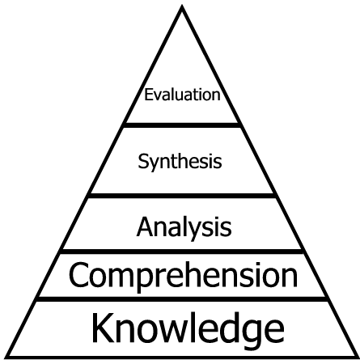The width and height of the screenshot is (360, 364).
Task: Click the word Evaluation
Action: [182, 95]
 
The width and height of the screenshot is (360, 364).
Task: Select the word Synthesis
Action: [180, 161]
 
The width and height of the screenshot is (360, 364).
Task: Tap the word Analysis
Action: [184, 227]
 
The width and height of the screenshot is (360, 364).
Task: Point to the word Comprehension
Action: [183, 276]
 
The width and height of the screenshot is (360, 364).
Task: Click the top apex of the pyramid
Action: [182, 6]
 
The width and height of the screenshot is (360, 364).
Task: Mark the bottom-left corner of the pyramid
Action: [5, 358]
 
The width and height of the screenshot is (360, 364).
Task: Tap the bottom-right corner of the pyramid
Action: [358, 358]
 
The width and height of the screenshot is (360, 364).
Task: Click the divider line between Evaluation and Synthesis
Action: [182, 125]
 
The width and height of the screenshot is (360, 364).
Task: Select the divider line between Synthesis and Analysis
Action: [182, 196]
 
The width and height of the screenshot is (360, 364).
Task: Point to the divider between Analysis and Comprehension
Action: [182, 252]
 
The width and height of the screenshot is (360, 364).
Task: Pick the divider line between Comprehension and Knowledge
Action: [182, 299]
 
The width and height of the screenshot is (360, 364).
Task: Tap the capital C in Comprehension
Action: [78, 275]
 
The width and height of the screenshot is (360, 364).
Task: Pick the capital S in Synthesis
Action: [143, 161]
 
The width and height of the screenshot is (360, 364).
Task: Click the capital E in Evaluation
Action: [149, 95]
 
